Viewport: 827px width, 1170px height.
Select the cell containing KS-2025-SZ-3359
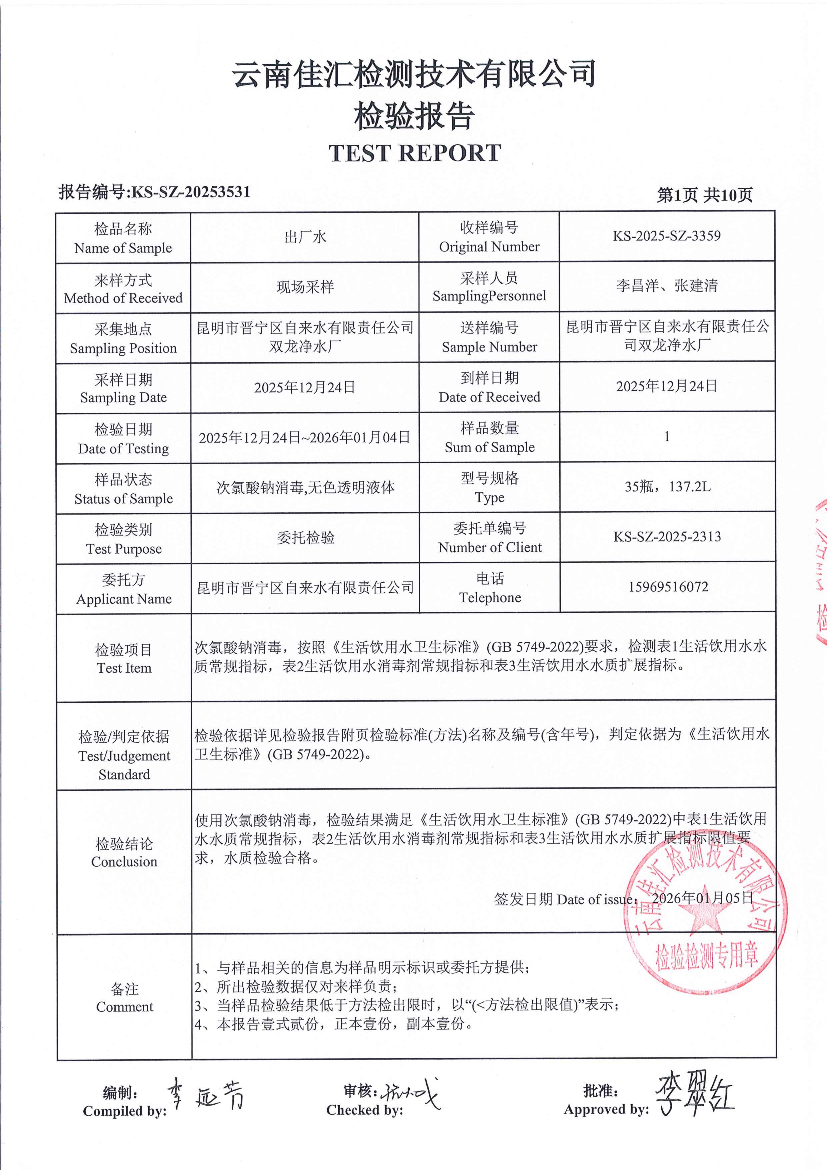(667, 236)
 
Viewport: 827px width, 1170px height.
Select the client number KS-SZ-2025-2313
(667, 537)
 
